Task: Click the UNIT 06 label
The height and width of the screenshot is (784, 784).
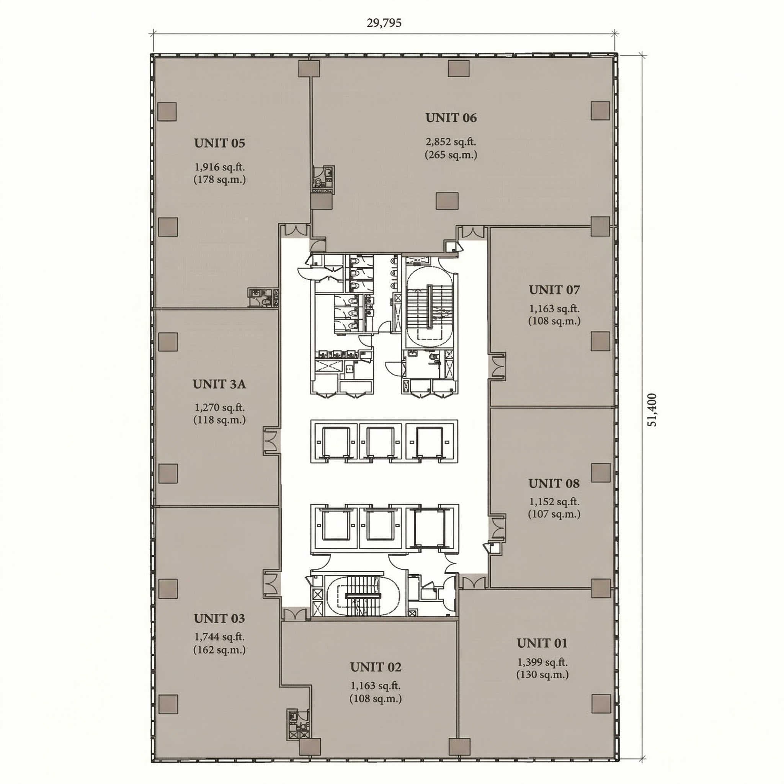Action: coord(451,118)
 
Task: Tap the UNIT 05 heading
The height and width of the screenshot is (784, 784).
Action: coord(219,143)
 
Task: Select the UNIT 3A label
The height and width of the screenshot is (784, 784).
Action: coord(219,384)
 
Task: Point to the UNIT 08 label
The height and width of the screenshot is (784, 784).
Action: coord(554,484)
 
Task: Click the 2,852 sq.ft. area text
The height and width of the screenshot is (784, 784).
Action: coord(451,142)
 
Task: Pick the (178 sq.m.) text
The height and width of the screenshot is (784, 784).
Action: coord(219,180)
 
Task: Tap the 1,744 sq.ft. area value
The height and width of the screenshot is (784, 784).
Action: coord(219,637)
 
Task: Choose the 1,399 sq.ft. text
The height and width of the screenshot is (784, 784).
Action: coord(542,662)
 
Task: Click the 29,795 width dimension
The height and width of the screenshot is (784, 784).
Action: coord(384,23)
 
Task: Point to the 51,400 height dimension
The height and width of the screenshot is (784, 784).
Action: coord(652,410)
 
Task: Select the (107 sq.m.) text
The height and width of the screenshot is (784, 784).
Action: coord(554,514)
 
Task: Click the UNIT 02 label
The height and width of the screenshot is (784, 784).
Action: coord(376,667)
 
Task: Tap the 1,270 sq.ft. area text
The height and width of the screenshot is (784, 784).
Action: coord(219,407)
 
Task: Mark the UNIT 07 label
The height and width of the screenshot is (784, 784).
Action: coord(554,290)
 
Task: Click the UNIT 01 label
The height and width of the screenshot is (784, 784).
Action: coord(542,643)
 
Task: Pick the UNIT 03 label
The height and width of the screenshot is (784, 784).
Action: coord(219,619)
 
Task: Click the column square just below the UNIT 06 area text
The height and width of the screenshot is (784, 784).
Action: coord(447,201)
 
